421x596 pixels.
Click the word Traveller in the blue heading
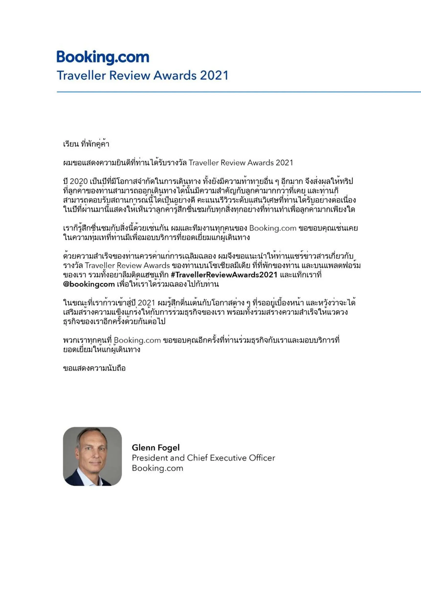pos(81,75)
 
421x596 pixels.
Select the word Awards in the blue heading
pos(175,75)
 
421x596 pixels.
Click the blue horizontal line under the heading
pos(239,92)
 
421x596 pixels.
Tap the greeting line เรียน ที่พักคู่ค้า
pos(86,144)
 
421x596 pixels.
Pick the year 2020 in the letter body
pos(79,181)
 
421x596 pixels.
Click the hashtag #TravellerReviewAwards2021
pos(224,275)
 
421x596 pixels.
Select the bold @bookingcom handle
pos(89,284)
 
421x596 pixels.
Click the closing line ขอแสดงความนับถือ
pos(94,368)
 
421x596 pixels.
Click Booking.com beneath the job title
pos(157,468)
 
